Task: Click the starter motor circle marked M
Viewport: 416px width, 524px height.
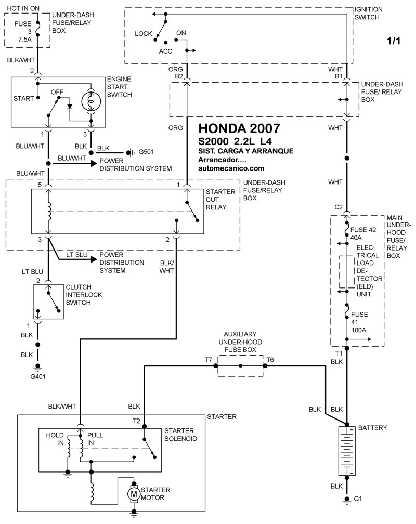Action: coord(134,492)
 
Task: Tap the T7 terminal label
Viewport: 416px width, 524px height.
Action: coord(209,360)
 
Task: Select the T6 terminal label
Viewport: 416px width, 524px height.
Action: coord(270,360)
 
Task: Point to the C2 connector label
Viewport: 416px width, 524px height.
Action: coord(339,207)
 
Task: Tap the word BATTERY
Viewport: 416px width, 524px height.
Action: coord(372,428)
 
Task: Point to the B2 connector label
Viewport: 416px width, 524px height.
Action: coord(179,76)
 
